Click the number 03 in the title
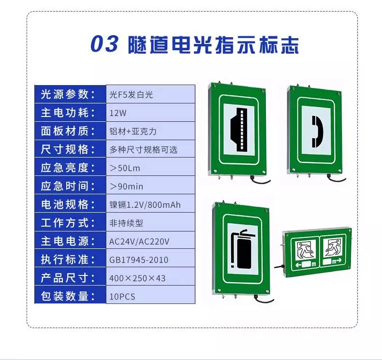pyautogui.click(x=104, y=44)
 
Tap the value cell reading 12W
pyautogui.click(x=150, y=113)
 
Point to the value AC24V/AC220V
pyautogui.click(x=139, y=242)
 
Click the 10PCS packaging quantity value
pyautogui.click(x=122, y=297)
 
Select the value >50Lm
pyautogui.click(x=125, y=168)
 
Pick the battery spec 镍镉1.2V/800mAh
pyautogui.click(x=145, y=205)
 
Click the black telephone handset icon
pyautogui.click(x=317, y=132)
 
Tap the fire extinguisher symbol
pyautogui.click(x=243, y=249)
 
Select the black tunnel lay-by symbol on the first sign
pyautogui.click(x=239, y=129)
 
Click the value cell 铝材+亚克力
pyautogui.click(x=150, y=130)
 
